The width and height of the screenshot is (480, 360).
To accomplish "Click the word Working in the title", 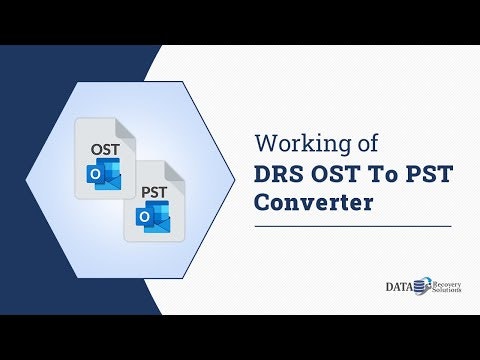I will click(x=296, y=142).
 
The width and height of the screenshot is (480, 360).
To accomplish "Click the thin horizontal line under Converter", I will click(x=351, y=226).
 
